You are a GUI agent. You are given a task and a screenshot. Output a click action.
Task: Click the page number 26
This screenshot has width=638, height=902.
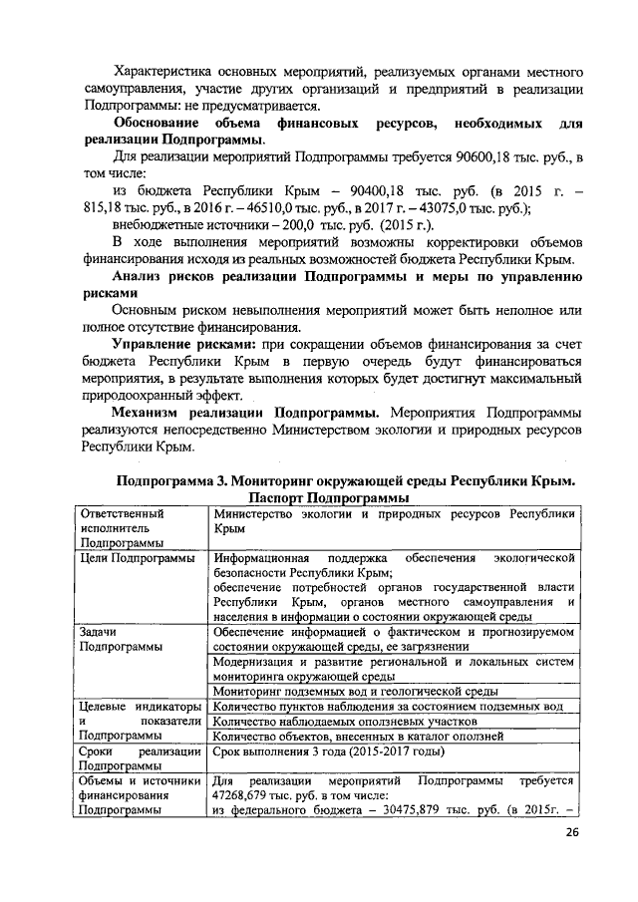(x=570, y=832)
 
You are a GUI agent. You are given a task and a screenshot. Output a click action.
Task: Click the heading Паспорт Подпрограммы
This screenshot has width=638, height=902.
(x=330, y=496)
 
